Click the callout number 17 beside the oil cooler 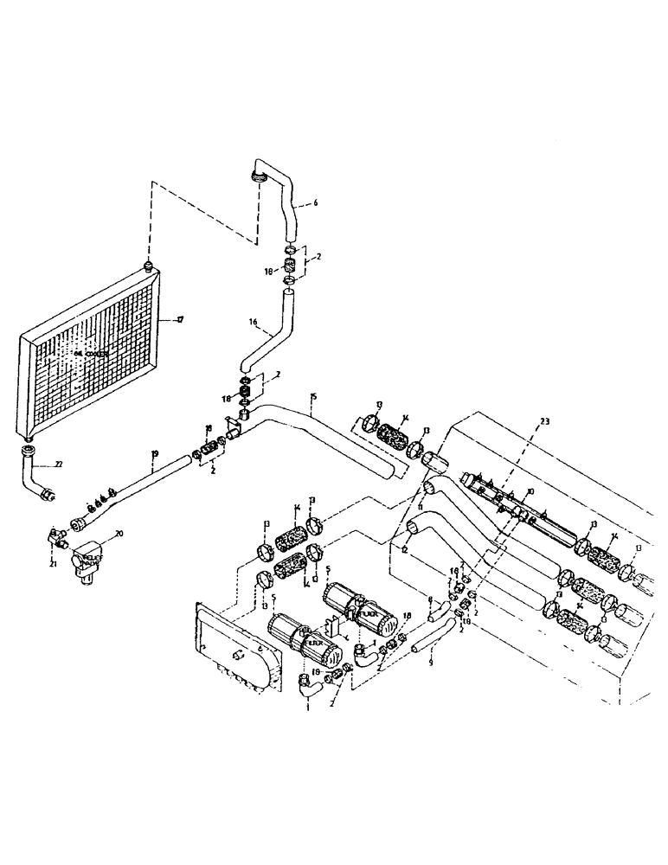[x=181, y=320]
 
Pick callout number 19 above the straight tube [x=154, y=454]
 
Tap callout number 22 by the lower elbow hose [x=59, y=465]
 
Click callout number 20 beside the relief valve [x=119, y=535]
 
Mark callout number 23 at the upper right [x=544, y=421]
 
